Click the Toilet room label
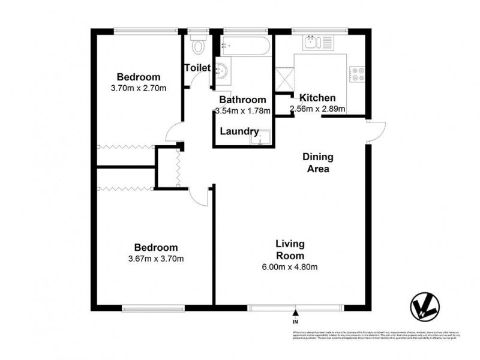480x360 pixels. [196, 68]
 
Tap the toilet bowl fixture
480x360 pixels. [197, 45]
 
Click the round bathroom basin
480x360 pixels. [221, 71]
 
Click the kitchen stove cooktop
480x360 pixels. [358, 73]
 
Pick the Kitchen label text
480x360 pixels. [317, 98]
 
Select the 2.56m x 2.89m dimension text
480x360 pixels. [317, 109]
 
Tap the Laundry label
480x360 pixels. [239, 131]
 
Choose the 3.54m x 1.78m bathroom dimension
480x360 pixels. [242, 110]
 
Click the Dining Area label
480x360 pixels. [317, 163]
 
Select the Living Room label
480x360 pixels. [290, 249]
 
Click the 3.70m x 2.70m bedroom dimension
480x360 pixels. [139, 88]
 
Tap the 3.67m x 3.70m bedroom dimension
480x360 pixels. [155, 259]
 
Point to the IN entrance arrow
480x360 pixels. [295, 313]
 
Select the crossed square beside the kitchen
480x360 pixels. [284, 78]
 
